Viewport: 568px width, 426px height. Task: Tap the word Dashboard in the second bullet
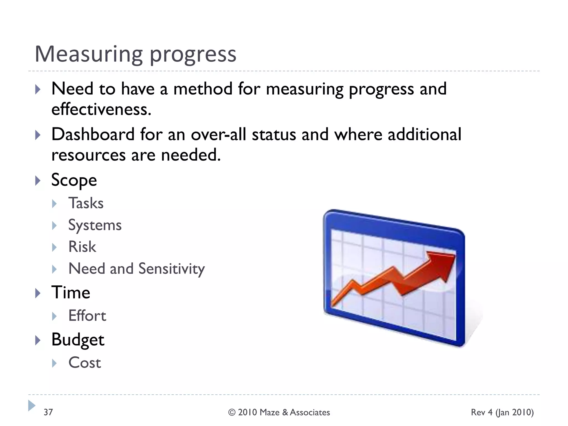coord(93,135)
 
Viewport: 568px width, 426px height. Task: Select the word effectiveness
coord(101,109)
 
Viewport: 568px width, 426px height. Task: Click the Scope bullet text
coord(74,180)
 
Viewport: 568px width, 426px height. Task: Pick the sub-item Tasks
coord(86,203)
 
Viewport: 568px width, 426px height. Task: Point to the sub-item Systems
coord(95,225)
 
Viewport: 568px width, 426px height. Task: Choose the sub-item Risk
coord(82,247)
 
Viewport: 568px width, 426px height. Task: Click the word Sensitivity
coord(171,269)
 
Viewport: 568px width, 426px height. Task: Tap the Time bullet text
coord(71,293)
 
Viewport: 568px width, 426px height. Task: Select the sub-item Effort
coord(87,316)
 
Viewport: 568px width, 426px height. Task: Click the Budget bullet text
coord(78,339)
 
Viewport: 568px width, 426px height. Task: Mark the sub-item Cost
coord(85,363)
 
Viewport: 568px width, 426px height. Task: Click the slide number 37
coord(48,412)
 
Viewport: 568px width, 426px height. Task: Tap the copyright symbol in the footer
coord(232,412)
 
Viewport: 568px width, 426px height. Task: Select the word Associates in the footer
coord(310,412)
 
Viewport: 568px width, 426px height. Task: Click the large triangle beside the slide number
coord(32,405)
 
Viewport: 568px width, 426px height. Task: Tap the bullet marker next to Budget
coord(38,340)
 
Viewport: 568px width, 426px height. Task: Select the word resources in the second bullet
coord(88,155)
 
